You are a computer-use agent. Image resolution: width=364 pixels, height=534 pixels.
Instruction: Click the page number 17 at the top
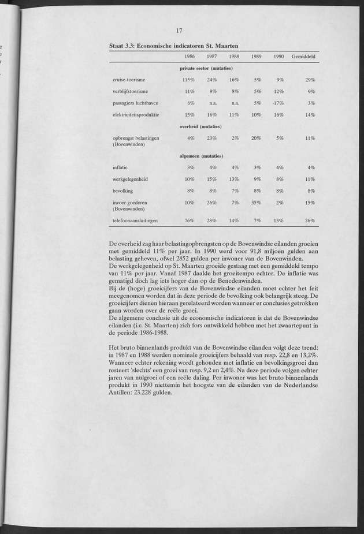[x=180, y=31]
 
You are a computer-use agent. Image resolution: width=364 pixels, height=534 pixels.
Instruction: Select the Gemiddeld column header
[x=303, y=56]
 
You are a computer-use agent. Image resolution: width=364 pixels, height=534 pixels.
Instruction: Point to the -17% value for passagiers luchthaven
[x=277, y=103]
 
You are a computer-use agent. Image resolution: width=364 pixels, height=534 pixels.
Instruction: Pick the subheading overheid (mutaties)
[x=202, y=126]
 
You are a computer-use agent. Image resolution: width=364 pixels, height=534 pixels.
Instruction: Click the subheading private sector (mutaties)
[x=202, y=68]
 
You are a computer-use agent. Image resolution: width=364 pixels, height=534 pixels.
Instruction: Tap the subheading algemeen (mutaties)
[x=202, y=156]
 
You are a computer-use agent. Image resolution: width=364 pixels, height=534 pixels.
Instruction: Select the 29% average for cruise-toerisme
[x=310, y=79]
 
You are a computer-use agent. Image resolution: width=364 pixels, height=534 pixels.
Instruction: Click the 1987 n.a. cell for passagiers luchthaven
[x=212, y=103]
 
